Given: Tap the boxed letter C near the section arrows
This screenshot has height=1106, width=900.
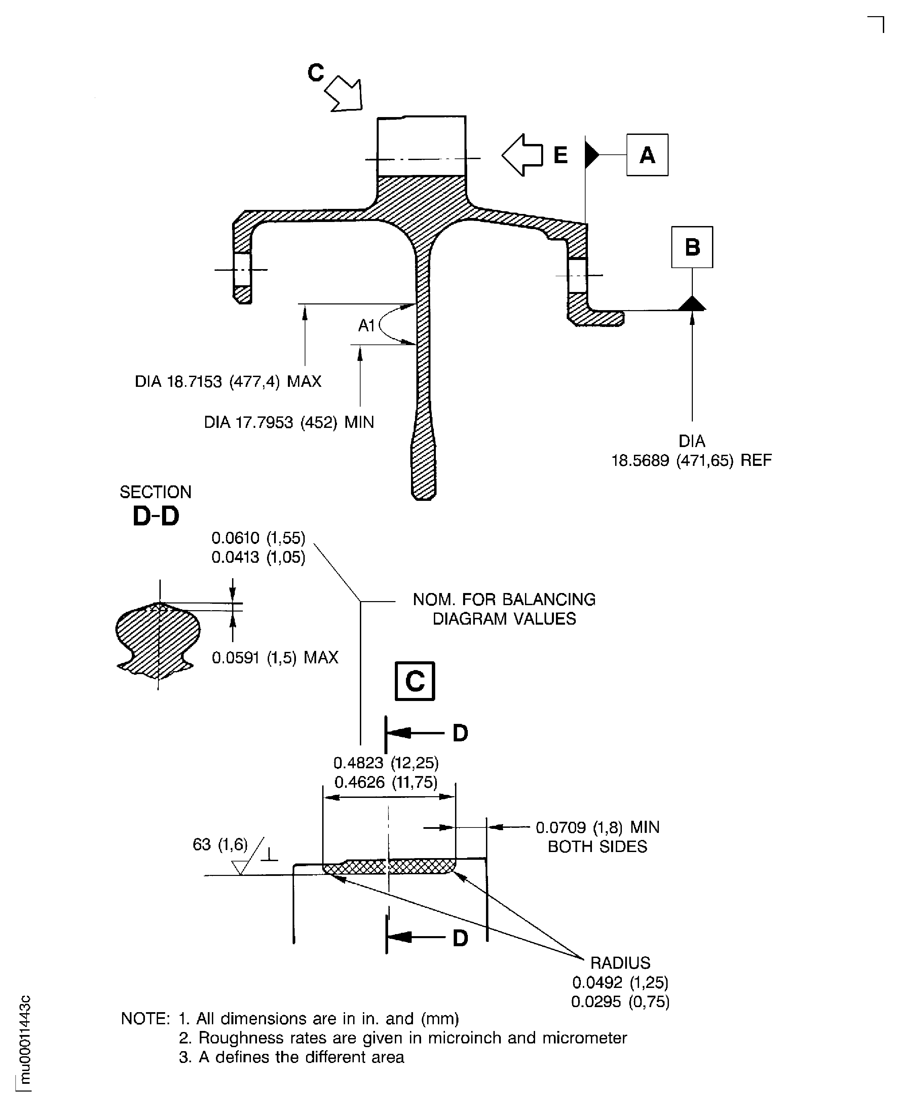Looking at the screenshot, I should click(414, 681).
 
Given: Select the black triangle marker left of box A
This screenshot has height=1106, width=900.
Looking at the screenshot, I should click(591, 154).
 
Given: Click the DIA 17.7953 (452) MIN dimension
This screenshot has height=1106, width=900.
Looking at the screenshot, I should click(289, 422).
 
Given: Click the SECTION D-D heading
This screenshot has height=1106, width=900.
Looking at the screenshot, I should click(155, 506).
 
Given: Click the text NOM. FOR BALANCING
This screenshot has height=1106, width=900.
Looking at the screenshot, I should click(504, 599).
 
